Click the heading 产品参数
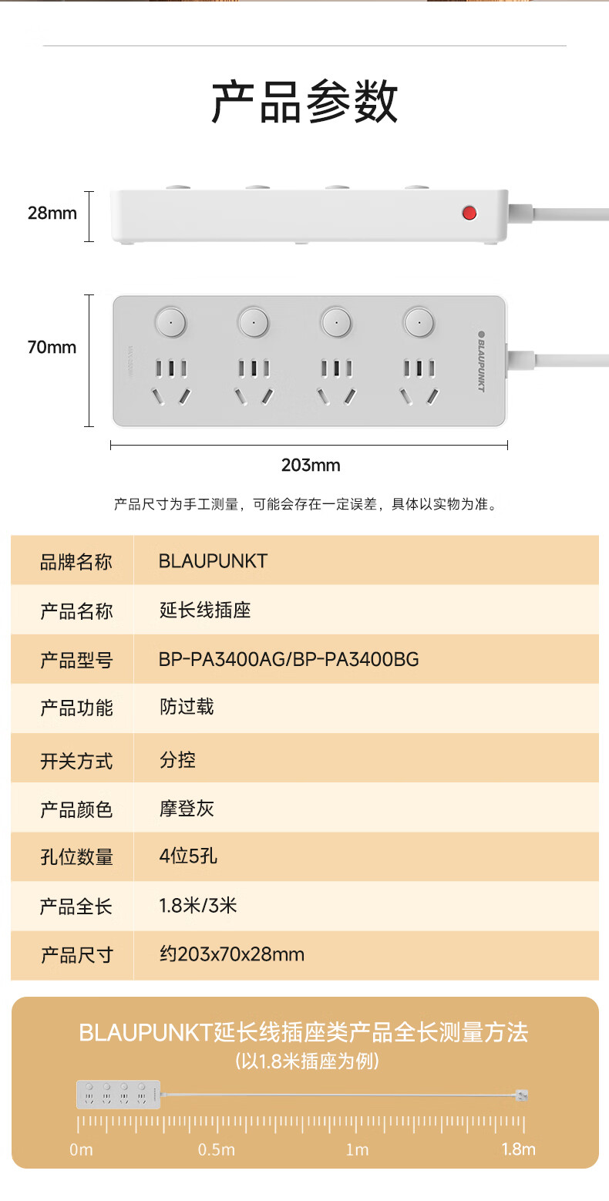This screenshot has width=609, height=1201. click(x=304, y=102)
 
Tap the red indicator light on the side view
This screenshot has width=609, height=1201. click(x=469, y=213)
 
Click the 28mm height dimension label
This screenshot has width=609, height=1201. click(x=52, y=213)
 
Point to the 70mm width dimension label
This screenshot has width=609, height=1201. click(x=52, y=347)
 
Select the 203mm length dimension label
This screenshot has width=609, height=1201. click(x=310, y=465)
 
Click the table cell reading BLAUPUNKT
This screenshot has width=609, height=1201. click(x=213, y=560)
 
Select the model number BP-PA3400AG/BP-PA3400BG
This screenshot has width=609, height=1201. click(x=289, y=659)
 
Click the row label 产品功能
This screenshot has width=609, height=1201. click(x=76, y=708)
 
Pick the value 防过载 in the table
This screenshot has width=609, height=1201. click(x=187, y=707)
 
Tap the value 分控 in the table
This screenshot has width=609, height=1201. click(x=178, y=759)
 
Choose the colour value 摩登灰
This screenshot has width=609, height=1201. click(x=187, y=809)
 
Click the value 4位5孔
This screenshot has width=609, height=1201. click(x=188, y=856)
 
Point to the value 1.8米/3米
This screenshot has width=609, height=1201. click(x=198, y=905)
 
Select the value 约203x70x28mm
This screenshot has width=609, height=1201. click(x=231, y=954)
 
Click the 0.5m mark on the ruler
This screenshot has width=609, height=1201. click(x=217, y=1149)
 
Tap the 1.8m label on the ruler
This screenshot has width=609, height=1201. click(x=518, y=1149)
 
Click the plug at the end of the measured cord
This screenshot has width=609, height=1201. click(x=523, y=1095)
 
